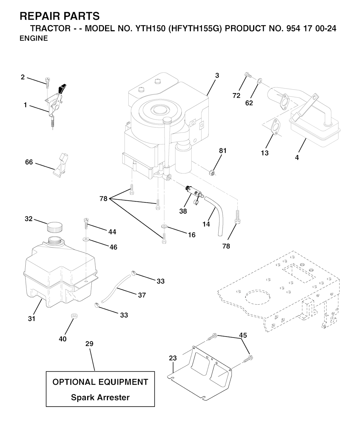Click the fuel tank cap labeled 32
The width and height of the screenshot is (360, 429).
(54, 227)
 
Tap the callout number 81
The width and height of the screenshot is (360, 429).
(223, 151)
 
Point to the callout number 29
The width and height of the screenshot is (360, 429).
(89, 344)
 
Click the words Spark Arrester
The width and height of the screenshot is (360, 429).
(100, 397)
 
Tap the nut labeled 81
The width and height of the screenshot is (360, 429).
(212, 172)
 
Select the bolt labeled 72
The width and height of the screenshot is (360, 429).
(247, 75)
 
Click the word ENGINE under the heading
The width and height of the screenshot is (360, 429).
(34, 39)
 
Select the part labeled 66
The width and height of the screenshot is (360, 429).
(60, 163)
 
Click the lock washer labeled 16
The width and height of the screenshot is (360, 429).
(163, 226)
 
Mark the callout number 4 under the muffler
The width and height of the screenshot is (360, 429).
(297, 158)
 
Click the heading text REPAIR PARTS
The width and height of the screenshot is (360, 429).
(60, 16)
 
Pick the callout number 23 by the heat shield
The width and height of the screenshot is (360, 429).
(173, 358)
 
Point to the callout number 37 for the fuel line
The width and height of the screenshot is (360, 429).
(142, 295)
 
